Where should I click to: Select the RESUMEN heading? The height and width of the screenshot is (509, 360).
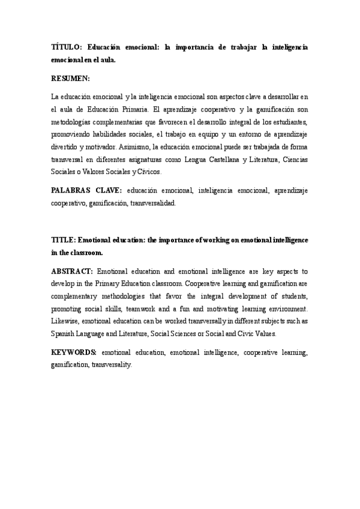[x=71, y=79]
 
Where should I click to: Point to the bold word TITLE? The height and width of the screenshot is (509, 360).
[x=63, y=239]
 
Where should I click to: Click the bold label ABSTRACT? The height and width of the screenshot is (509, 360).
[x=71, y=270]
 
